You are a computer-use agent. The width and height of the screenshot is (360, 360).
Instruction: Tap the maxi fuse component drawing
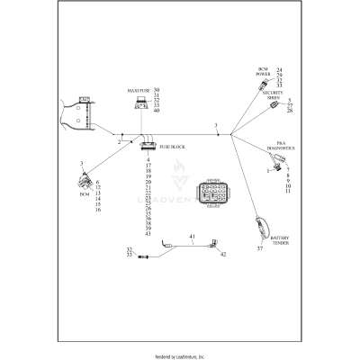(x=142, y=105)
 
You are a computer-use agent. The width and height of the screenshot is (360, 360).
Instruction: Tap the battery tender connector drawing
(x=262, y=225)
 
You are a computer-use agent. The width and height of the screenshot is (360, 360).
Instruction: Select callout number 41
(x=192, y=238)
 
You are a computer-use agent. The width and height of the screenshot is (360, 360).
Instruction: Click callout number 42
(x=223, y=256)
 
